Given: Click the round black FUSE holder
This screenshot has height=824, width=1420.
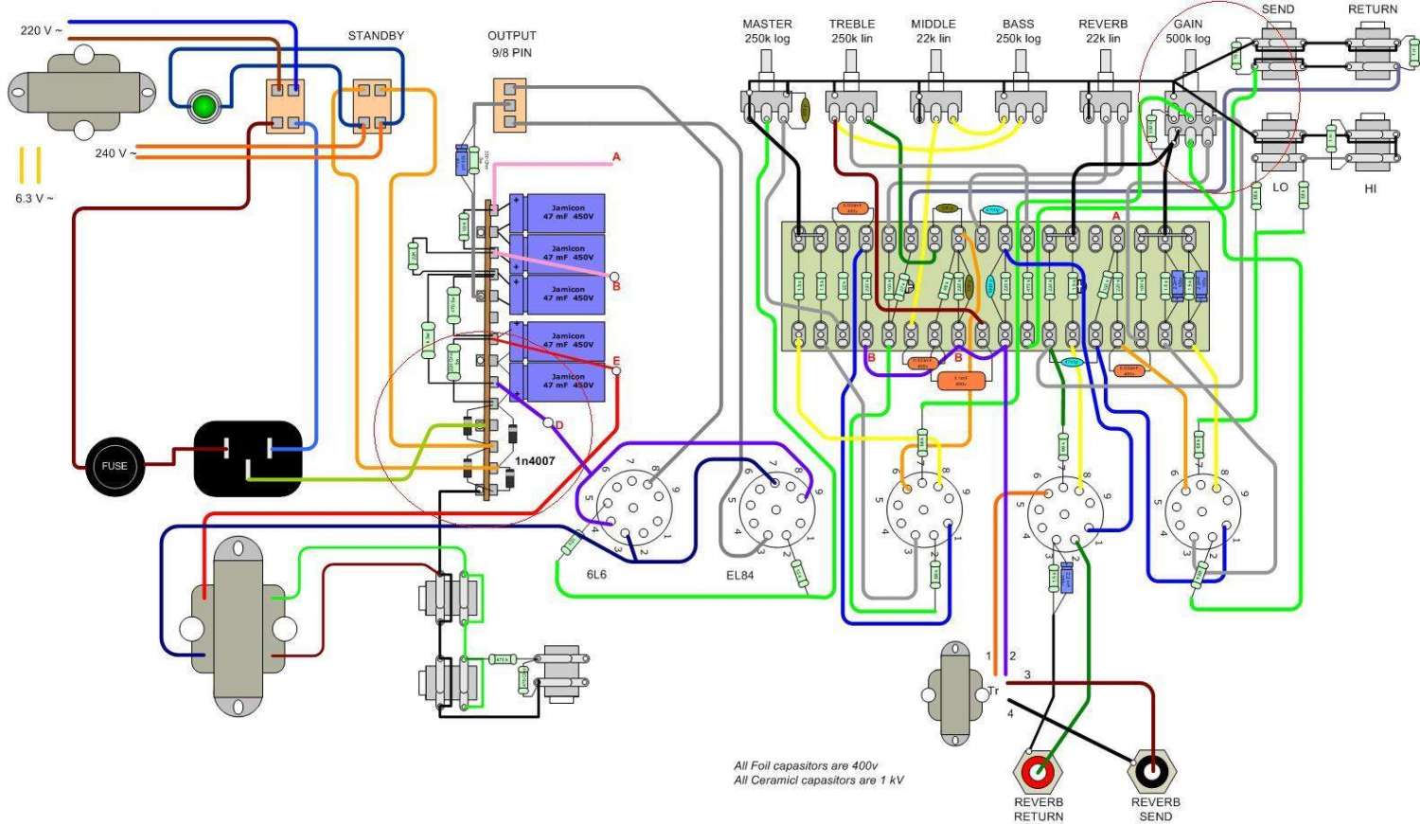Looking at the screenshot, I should click(x=114, y=465).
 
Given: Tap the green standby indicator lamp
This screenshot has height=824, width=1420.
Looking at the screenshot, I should click(x=203, y=106).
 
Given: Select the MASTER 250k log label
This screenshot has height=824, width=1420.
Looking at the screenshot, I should click(x=767, y=31).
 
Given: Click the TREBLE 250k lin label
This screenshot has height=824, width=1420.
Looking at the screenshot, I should click(x=852, y=31).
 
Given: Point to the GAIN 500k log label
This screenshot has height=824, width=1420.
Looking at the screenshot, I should click(x=1188, y=31).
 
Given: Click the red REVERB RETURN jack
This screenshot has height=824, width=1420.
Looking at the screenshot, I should click(x=1038, y=773).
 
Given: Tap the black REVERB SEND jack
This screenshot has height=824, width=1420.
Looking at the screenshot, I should click(x=1152, y=773).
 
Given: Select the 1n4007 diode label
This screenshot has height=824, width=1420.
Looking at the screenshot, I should click(x=535, y=461).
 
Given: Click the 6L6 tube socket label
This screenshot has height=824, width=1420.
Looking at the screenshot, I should click(x=596, y=575).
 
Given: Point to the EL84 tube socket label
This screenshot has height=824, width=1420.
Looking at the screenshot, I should click(x=740, y=575).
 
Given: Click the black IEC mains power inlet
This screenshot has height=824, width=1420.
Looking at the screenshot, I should click(x=248, y=458).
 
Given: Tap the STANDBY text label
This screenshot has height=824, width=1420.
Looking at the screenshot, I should click(x=376, y=36).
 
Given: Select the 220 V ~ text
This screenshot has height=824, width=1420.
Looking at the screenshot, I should click(x=42, y=31).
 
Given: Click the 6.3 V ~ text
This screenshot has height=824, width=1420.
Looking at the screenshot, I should click(x=35, y=199).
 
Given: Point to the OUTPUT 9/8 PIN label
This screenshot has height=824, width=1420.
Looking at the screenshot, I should click(x=511, y=44).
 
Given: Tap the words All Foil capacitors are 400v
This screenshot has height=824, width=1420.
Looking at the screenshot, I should click(x=806, y=766).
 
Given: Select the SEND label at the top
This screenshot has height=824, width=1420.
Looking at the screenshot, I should click(x=1277, y=9).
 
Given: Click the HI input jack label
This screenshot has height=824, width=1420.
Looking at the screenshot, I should click(x=1370, y=189).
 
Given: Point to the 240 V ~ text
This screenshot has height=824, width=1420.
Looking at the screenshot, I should click(x=115, y=153).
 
